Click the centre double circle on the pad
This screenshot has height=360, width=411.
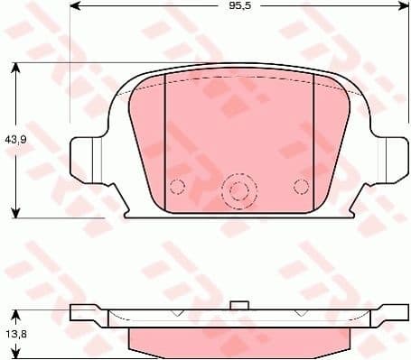pos(238,189)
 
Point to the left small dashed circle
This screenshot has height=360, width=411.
pos(177,187)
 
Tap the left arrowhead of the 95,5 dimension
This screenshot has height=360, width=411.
pos(75,6)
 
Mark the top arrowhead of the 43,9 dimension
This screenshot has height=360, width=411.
pos(15,66)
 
